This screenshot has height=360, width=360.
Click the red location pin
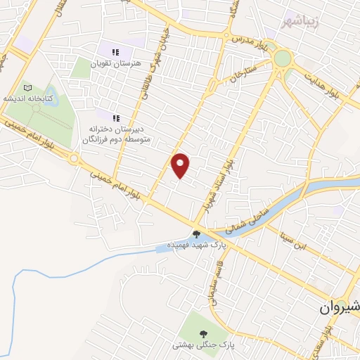[x=181, y=165]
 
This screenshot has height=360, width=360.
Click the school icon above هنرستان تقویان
[x=115, y=51]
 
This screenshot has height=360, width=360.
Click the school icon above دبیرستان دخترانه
[x=115, y=117]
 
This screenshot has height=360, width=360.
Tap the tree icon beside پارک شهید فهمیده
[x=197, y=234]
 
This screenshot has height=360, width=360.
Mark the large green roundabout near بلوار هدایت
[x=283, y=58]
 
